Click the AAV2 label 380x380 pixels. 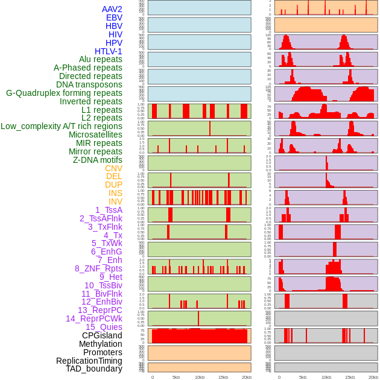[112, 9]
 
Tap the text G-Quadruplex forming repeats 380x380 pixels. [64, 93]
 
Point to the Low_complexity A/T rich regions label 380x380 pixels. [62, 126]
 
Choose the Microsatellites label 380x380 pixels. [95, 135]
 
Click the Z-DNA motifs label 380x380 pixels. [97, 160]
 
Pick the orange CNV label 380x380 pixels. [113, 168]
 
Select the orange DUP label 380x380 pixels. [113, 185]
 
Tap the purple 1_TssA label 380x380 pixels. [109, 210]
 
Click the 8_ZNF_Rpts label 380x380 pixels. [98, 268]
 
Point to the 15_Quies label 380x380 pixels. [104, 327]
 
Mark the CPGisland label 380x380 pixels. [102, 335]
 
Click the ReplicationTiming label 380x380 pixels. [89, 361]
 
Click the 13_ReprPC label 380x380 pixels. [100, 310]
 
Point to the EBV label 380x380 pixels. [114, 17]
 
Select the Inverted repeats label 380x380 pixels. [91, 101]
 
